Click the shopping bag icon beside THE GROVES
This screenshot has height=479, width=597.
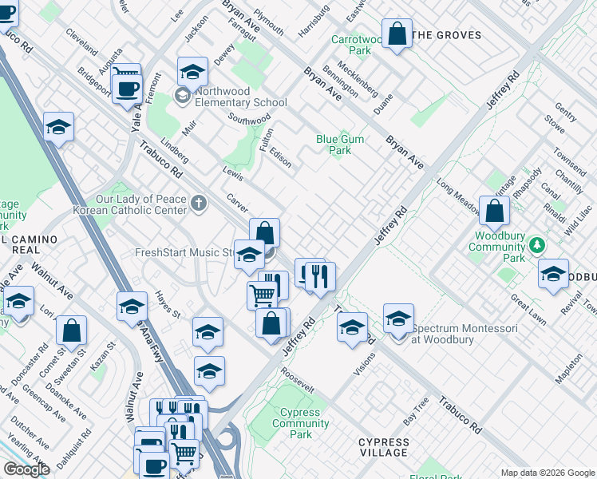tap(397, 34)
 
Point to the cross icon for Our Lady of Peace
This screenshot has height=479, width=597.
tap(198, 204)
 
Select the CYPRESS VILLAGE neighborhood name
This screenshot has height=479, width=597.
tap(384, 447)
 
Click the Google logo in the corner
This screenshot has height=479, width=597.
tap(27, 469)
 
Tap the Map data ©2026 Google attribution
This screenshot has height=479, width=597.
tap(547, 473)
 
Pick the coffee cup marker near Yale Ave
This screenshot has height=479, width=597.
tap(127, 86)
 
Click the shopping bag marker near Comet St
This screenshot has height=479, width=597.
tap(72, 330)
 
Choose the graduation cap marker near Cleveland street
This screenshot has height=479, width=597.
tap(58, 127)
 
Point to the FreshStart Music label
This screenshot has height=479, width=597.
tap(184, 253)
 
